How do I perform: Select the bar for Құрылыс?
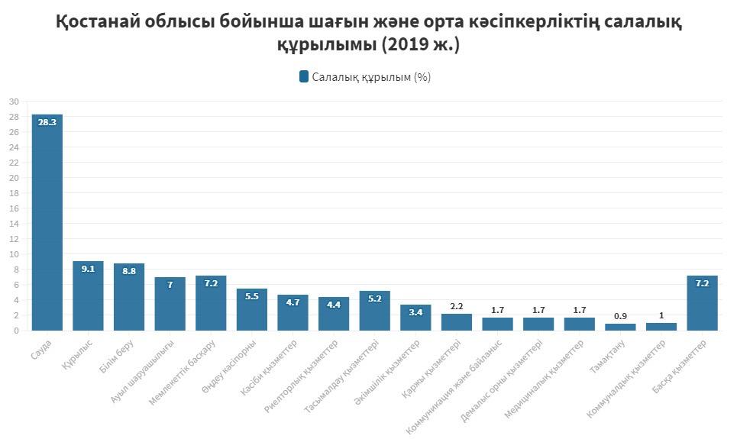[88, 295]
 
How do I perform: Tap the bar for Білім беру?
[129, 297]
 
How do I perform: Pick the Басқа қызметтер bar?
[702, 303]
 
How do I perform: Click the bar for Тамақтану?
[620, 327]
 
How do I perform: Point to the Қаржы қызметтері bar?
[456, 322]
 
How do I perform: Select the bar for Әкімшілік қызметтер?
[415, 318]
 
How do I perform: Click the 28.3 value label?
[47, 122]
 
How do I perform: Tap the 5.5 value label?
[252, 296]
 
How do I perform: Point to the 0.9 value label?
[620, 316]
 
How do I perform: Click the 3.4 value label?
[415, 312]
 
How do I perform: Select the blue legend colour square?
[304, 76]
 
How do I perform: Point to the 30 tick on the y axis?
[14, 102]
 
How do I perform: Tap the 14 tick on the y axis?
[14, 224]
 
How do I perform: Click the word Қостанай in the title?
[102, 22]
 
